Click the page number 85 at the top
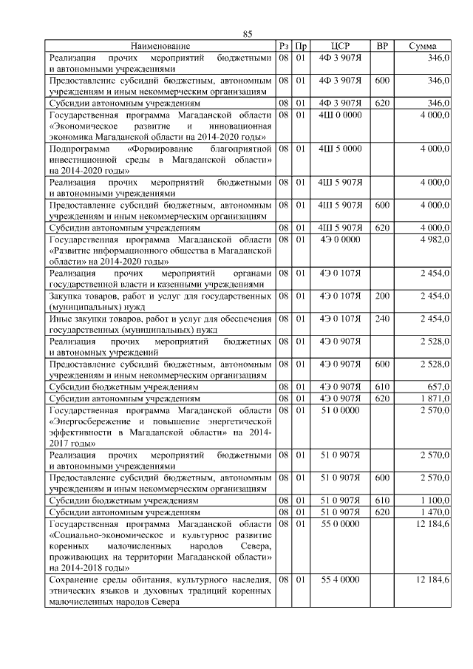[x=248, y=34]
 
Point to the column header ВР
[x=382, y=46]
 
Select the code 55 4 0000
[x=340, y=580]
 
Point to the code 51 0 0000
[x=340, y=410]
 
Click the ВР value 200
[x=382, y=296]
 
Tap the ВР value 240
[x=382, y=319]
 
